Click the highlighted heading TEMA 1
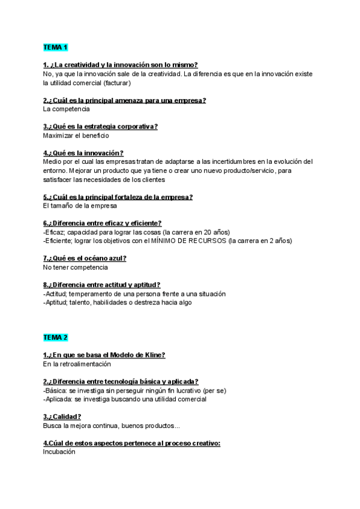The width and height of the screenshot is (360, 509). (x=56, y=47)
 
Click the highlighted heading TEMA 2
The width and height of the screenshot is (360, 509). (x=56, y=337)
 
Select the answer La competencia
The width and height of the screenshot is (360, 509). (x=67, y=109)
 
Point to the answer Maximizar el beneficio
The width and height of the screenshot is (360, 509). (x=76, y=136)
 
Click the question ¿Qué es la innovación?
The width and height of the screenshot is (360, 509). (x=83, y=153)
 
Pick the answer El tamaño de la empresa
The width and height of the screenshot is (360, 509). (x=80, y=206)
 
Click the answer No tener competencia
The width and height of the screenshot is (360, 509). (x=76, y=267)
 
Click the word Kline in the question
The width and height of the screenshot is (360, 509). (x=155, y=355)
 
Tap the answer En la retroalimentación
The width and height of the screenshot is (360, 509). (x=77, y=364)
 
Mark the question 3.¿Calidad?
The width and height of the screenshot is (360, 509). (x=62, y=417)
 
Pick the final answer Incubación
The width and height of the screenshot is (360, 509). (x=59, y=452)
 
